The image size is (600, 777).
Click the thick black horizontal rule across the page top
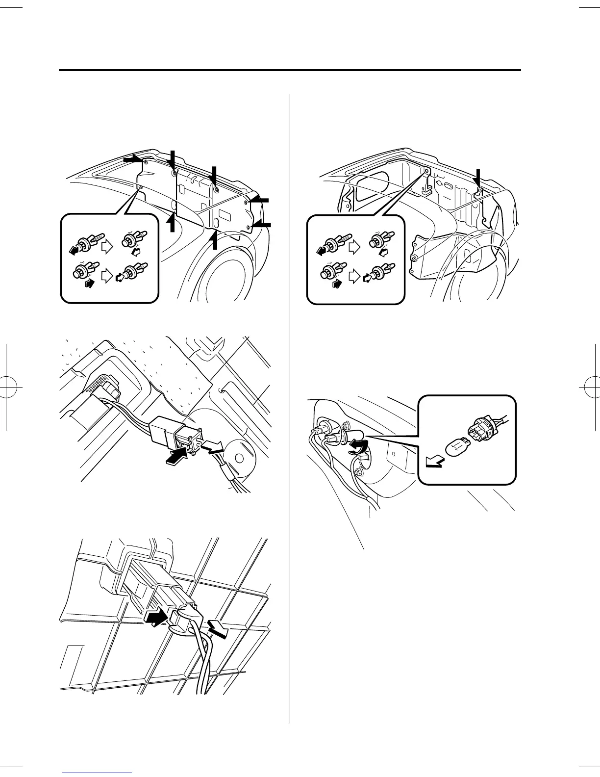point(289,71)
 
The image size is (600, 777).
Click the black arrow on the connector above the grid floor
point(157,617)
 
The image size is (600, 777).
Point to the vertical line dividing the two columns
point(290,407)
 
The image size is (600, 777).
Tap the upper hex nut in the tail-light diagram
point(347,424)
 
